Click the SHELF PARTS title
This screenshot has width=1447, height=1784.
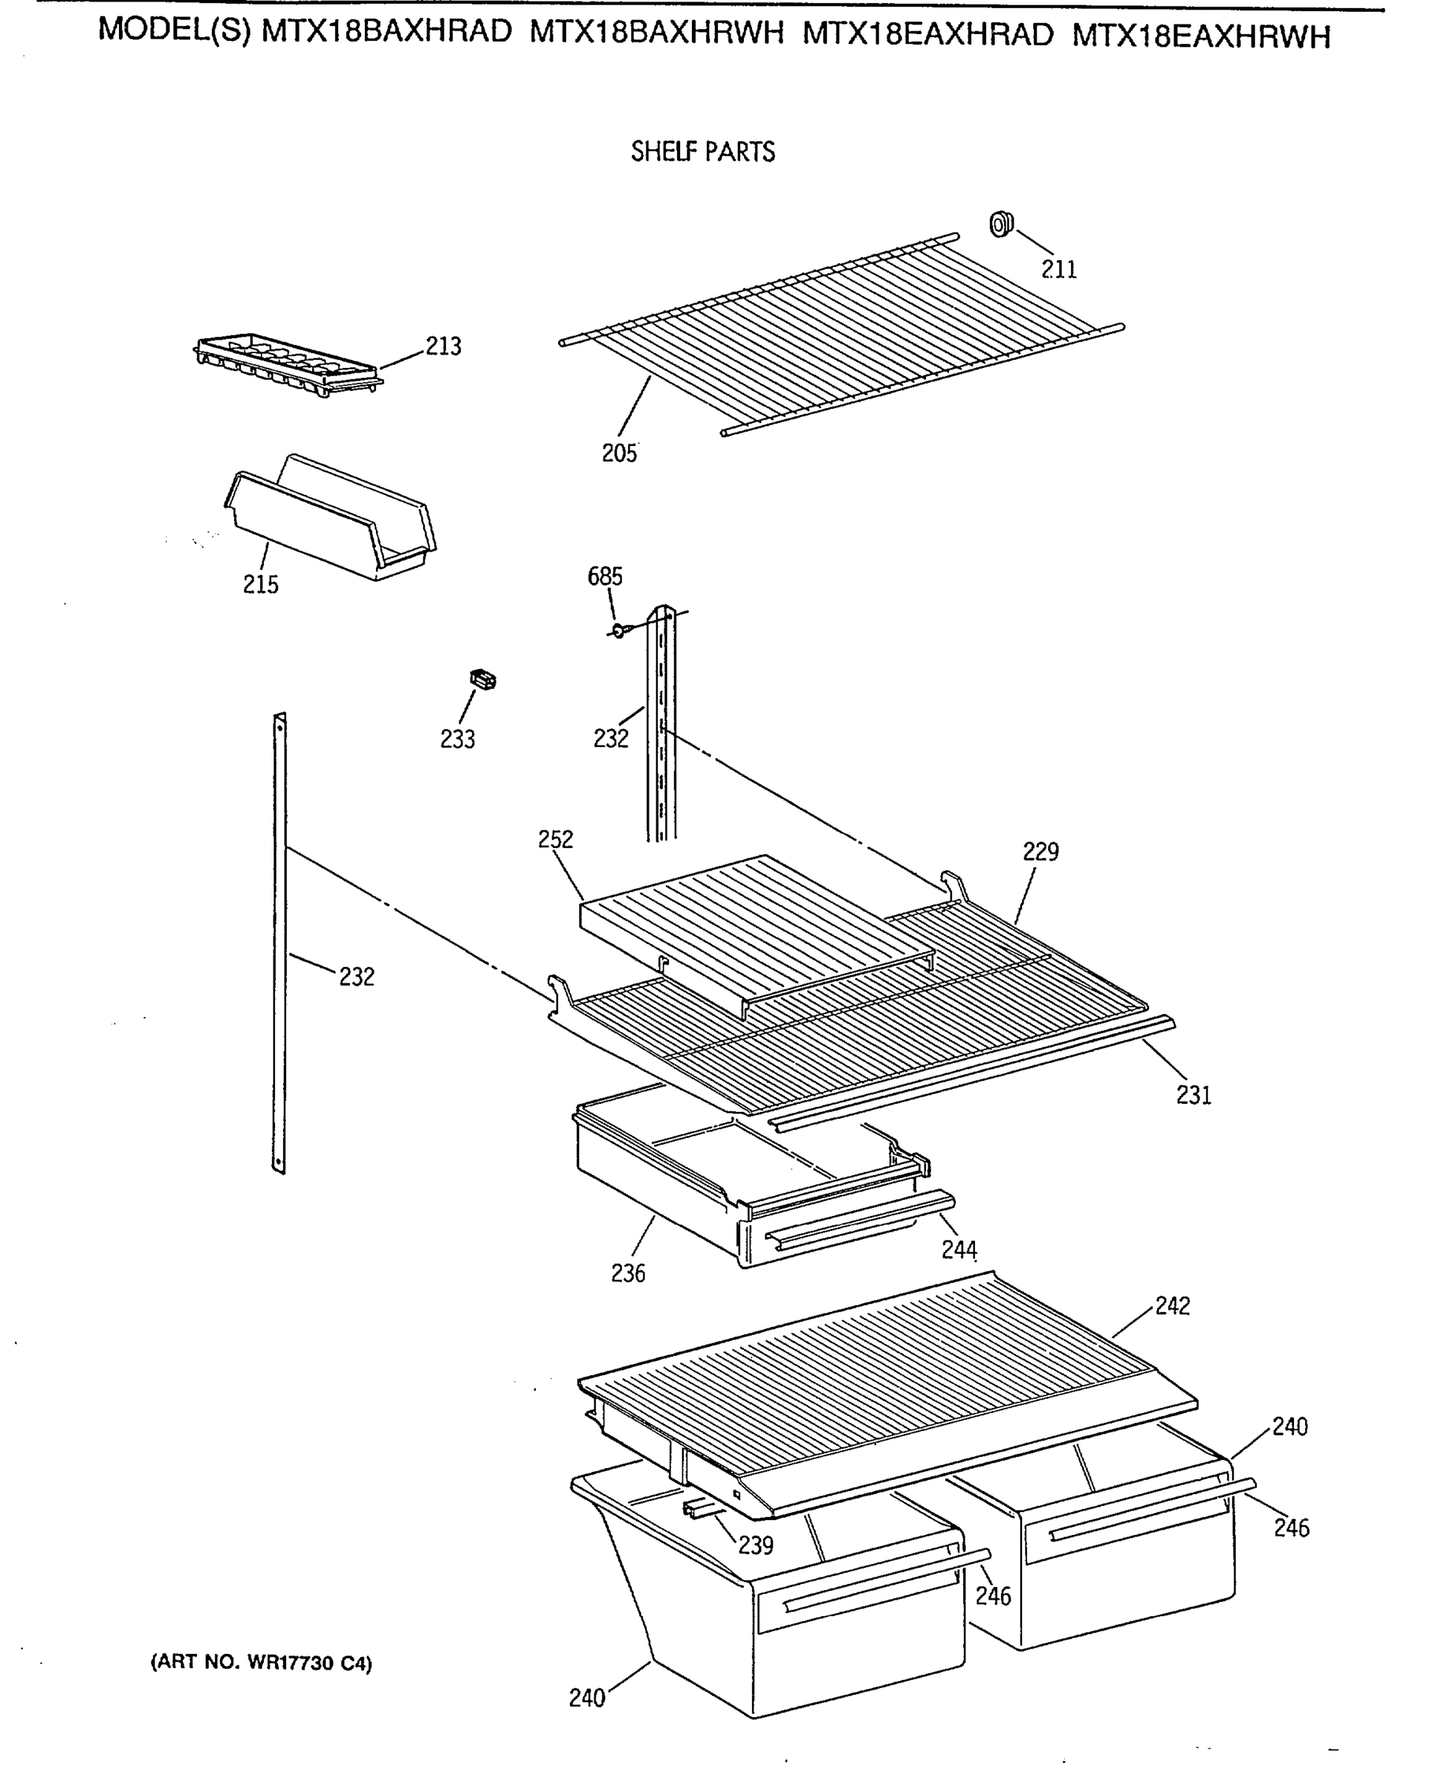[x=702, y=152]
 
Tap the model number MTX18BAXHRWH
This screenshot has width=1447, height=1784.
[x=657, y=33]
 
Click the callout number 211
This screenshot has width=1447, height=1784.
[x=1058, y=269]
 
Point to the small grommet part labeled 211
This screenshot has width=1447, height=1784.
[x=1001, y=224]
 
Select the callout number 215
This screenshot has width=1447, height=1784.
[x=260, y=584]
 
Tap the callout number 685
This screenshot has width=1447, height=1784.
[x=604, y=576]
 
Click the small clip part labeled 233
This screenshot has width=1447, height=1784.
[x=482, y=679]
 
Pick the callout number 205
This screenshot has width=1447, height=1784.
[x=619, y=453]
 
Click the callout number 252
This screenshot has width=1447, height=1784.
[x=555, y=838]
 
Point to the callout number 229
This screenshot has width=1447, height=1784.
[x=1040, y=851]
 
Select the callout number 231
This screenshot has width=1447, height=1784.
[x=1193, y=1096]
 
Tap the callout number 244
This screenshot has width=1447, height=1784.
[x=959, y=1249]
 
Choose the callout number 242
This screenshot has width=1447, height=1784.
[x=1172, y=1306]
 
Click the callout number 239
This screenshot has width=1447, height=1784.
[x=755, y=1545]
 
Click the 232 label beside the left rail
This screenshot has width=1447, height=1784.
[x=357, y=976]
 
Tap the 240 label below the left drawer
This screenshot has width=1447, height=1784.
[x=587, y=1698]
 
